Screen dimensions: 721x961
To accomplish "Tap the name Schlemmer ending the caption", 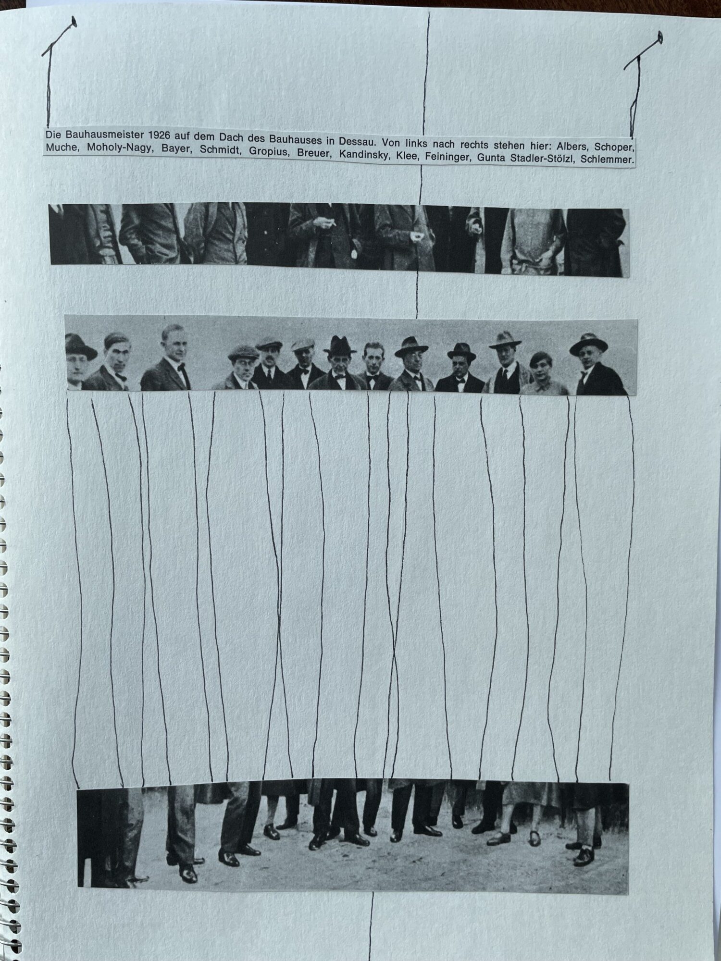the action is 607,160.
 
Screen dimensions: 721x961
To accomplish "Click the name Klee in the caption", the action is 407,156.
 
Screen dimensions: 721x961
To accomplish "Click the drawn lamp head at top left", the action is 74,22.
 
